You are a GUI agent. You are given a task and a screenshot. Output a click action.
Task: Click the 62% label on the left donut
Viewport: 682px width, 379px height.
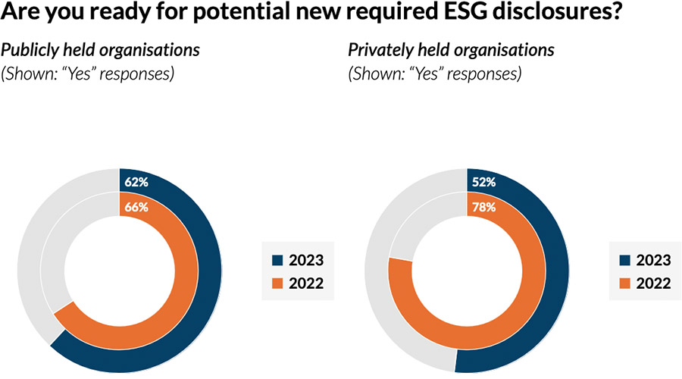click(136, 182)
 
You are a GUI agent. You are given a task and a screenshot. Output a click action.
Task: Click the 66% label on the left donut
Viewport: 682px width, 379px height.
click(136, 207)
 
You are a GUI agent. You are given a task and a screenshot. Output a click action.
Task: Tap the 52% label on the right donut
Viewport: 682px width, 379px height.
click(483, 182)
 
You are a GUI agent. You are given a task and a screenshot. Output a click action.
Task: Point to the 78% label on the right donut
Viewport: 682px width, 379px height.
click(483, 207)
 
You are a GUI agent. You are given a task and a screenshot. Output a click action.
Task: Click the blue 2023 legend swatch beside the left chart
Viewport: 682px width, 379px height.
click(277, 260)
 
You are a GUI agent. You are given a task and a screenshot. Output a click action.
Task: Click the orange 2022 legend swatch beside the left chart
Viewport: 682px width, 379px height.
click(277, 283)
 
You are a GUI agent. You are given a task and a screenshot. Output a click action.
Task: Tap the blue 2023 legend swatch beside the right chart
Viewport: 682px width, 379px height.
click(624, 260)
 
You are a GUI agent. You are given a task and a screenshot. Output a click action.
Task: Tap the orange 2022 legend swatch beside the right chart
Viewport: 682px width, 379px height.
click(624, 283)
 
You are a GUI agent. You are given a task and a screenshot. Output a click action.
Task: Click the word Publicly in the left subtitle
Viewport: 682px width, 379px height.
click(28, 51)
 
